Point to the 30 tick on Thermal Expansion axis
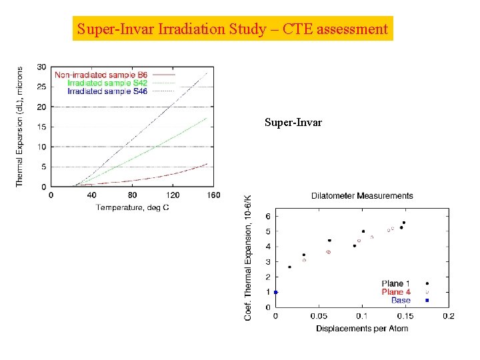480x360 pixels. coord(41,67)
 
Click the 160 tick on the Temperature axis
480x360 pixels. coord(213,195)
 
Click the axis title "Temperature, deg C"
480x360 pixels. coord(132,207)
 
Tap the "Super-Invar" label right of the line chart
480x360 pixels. coord(293,123)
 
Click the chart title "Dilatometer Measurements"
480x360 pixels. coord(362,195)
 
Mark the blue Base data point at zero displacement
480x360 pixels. coord(275,292)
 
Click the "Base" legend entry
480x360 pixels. coord(401,300)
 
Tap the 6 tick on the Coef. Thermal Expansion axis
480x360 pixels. coord(268,216)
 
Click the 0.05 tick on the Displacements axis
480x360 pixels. coord(319,316)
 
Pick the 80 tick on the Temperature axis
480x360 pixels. coord(132,195)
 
